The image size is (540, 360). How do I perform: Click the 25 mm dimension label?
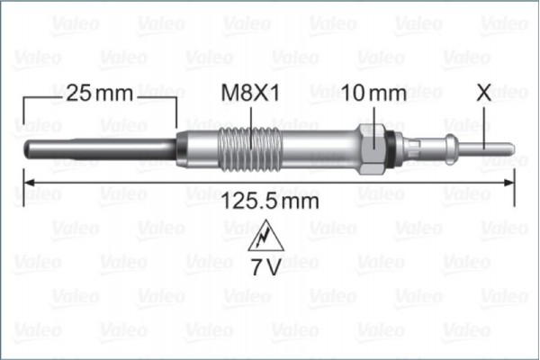click(100, 93)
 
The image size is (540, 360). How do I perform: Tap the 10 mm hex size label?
click(374, 93)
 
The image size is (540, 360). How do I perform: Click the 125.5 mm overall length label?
click(270, 202)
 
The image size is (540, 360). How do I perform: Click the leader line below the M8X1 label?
click(249, 117)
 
